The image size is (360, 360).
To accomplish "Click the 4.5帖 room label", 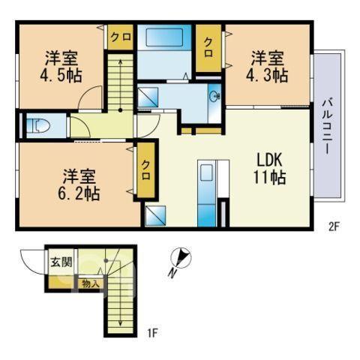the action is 61,67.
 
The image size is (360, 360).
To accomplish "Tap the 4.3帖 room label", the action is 267,67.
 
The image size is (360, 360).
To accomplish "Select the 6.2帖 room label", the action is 79,185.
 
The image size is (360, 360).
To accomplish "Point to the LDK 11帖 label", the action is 270,169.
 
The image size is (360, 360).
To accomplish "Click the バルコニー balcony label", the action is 327,127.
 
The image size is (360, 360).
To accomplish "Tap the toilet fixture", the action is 38,126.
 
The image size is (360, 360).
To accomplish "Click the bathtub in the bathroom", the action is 164,37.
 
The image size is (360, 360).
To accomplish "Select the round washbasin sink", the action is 214,96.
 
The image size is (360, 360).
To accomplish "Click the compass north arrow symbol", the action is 180,261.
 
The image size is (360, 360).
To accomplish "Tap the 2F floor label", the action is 333,226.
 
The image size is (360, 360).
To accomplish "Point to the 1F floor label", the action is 152,333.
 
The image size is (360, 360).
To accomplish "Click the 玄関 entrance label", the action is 61,262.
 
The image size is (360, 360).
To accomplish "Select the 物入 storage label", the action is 89,283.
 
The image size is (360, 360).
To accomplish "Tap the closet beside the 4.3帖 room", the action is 208,48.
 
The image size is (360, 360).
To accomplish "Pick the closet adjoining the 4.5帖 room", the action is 120,37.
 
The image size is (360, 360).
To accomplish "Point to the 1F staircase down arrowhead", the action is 120,323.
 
